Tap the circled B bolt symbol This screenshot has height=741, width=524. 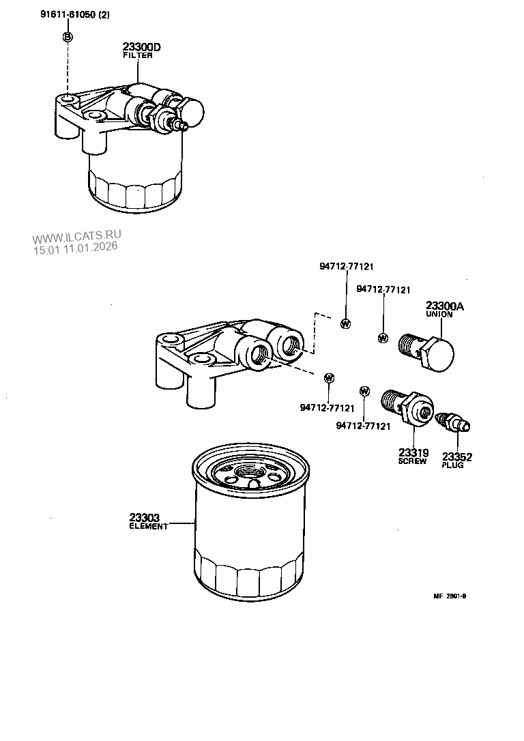[x=68, y=38]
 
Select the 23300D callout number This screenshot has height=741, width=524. [x=142, y=47]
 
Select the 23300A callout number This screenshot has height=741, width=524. [x=444, y=306]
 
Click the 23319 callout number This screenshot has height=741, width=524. [x=413, y=452]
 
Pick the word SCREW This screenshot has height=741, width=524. [x=412, y=461]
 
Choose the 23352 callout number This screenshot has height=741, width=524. [x=456, y=456]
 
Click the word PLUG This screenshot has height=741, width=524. [x=452, y=465]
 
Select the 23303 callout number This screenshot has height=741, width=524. [x=144, y=518]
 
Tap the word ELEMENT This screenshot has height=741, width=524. [x=148, y=527]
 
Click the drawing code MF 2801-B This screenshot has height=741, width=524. [x=450, y=596]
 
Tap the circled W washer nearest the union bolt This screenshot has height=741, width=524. [x=382, y=338]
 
